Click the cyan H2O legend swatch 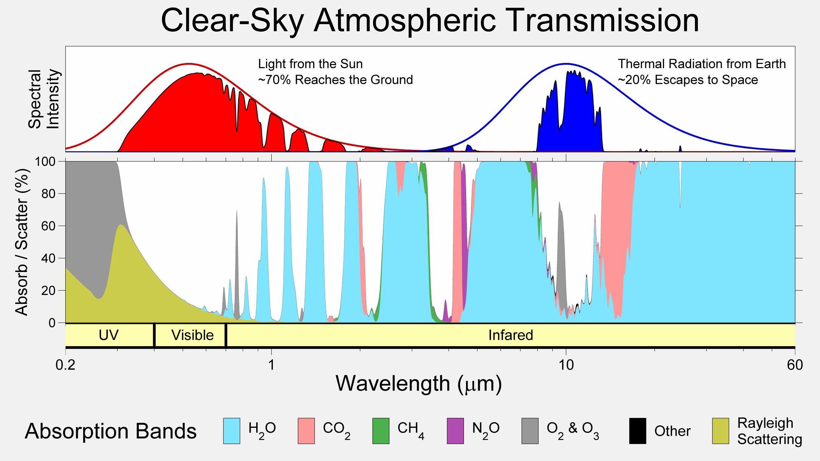pos(231,431)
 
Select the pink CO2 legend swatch pos(306,431)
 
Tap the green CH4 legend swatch pos(381,431)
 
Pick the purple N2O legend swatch pos(455,431)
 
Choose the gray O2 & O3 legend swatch pos(530,431)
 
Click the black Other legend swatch pos(638,431)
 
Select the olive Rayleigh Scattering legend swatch pos(721,431)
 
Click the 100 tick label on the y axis pos(45,162)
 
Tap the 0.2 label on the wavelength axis pos(66,365)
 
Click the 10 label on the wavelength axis pos(566,365)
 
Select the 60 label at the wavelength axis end pos(795,365)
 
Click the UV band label pos(109,335)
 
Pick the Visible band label pos(192,335)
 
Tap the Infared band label pos(511,335)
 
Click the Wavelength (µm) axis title pos(418,384)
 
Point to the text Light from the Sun pos(310,64)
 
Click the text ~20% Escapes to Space pos(688,80)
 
